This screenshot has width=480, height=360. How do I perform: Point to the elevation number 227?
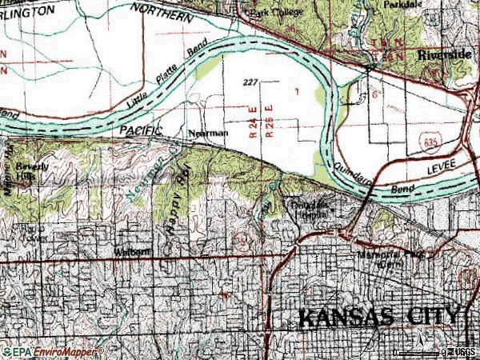(x=250, y=82)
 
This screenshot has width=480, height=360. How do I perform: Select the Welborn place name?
(x=131, y=251)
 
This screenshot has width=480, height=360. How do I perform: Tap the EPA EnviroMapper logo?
(x=52, y=351)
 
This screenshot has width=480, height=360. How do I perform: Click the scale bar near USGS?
(x=421, y=352)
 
